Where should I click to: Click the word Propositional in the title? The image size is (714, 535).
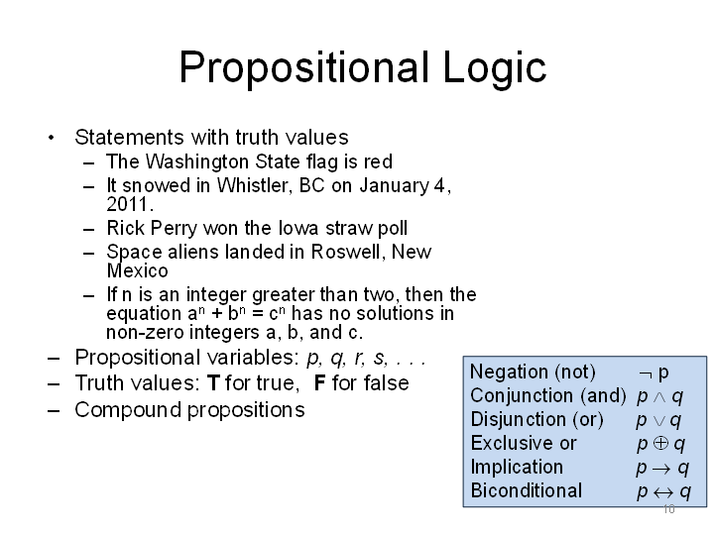click(304, 68)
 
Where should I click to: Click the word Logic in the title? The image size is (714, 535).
click(495, 68)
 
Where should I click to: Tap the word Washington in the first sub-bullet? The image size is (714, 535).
click(198, 161)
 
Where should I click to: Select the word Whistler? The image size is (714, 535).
click(255, 185)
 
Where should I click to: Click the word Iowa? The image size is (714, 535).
click(298, 228)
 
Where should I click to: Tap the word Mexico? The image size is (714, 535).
click(137, 270)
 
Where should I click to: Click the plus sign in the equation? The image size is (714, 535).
click(217, 314)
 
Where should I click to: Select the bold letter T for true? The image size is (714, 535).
click(213, 383)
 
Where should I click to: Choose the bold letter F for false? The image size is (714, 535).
click(319, 383)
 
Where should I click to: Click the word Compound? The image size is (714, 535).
click(128, 410)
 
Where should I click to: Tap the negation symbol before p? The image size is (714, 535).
click(647, 374)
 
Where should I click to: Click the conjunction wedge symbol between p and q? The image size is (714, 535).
click(659, 397)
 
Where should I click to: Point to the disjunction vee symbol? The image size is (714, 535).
click(658, 421)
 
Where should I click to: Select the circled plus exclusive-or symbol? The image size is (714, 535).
click(660, 443)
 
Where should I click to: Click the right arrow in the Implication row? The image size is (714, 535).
click(661, 468)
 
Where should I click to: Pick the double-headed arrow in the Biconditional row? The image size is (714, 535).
click(663, 492)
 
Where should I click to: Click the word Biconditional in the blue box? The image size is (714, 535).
click(527, 490)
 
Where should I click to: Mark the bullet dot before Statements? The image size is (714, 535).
click(51, 138)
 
